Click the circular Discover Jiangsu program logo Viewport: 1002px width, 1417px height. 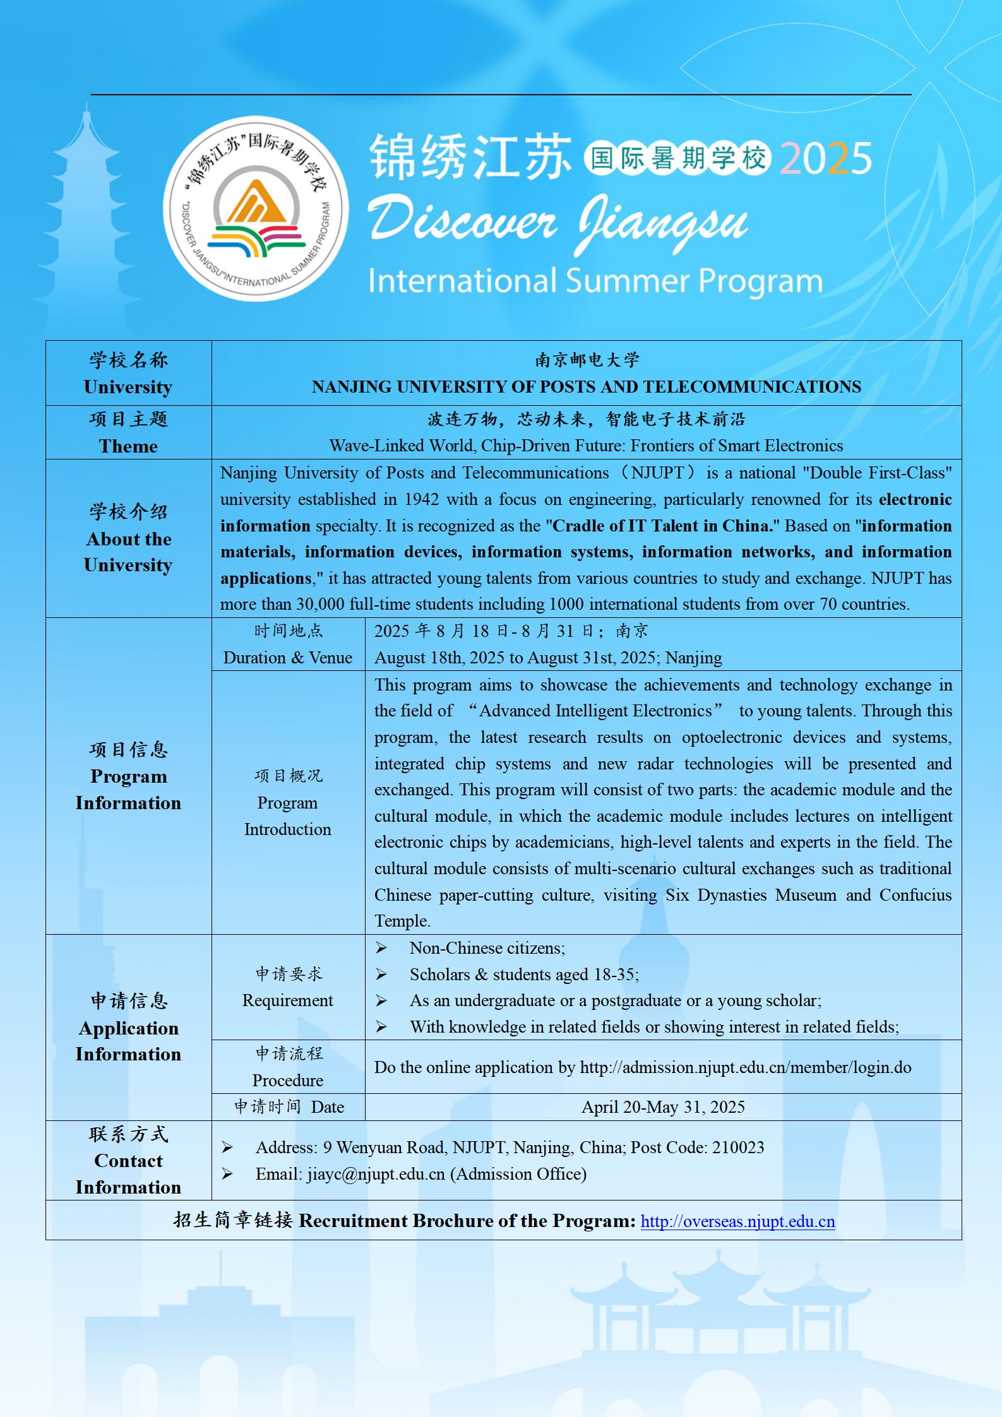point(256,208)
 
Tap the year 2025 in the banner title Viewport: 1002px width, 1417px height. point(825,158)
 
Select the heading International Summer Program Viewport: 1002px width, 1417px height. point(595,282)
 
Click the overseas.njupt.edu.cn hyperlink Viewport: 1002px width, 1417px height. point(737,1221)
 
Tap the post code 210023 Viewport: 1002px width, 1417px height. point(737,1147)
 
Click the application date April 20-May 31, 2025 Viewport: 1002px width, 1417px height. point(663,1107)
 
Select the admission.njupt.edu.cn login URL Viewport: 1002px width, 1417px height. point(746,1067)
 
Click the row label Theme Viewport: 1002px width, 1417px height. point(128,446)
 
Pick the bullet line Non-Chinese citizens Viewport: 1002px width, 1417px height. point(487,948)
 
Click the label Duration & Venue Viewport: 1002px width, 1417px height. point(287,658)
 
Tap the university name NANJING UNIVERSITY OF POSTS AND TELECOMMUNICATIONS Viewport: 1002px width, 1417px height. point(586,387)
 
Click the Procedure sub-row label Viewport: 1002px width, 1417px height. point(287,1081)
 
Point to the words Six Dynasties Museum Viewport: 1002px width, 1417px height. point(751,895)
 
